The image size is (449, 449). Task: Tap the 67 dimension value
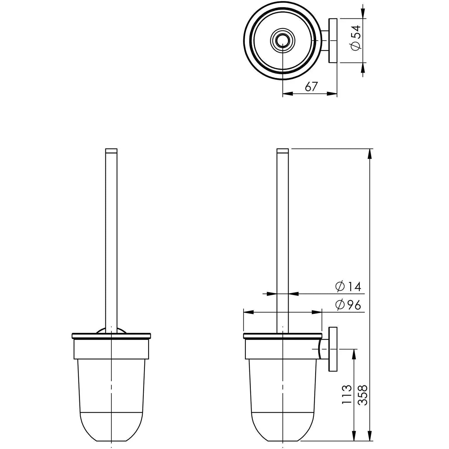(311, 87)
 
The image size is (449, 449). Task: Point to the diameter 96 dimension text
(348, 305)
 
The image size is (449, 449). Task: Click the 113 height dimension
(347, 394)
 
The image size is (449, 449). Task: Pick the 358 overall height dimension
(362, 395)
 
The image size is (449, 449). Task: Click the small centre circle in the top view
(282, 41)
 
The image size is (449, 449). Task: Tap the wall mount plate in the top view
(333, 41)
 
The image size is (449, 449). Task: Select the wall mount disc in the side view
(333, 349)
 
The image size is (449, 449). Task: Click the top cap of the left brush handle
(111, 151)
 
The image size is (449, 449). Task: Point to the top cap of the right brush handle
(282, 151)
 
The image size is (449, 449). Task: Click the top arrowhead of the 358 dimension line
(370, 153)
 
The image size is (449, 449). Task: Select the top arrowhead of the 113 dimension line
(354, 353)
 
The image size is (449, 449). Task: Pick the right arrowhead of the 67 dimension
(332, 94)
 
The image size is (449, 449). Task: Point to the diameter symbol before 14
(340, 287)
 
